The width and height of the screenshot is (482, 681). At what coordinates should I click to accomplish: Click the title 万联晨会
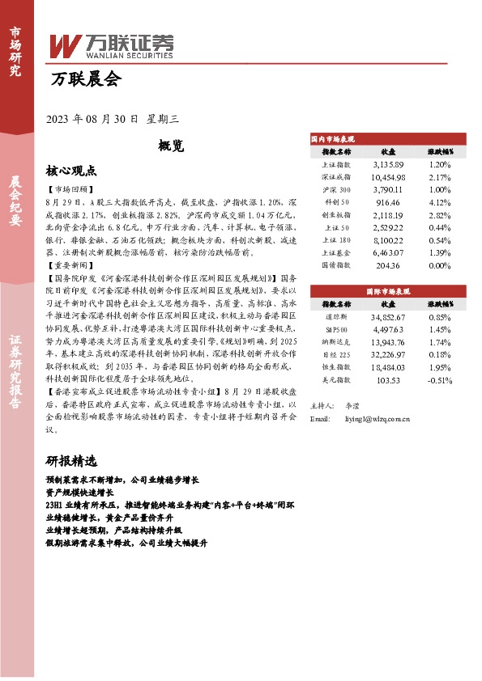pos(83,79)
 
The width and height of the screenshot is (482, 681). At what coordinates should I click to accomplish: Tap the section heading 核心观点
pos(71,171)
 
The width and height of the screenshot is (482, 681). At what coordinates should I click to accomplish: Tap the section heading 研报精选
pos(71,462)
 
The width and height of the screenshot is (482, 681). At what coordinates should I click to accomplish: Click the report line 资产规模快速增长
pos(80,492)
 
